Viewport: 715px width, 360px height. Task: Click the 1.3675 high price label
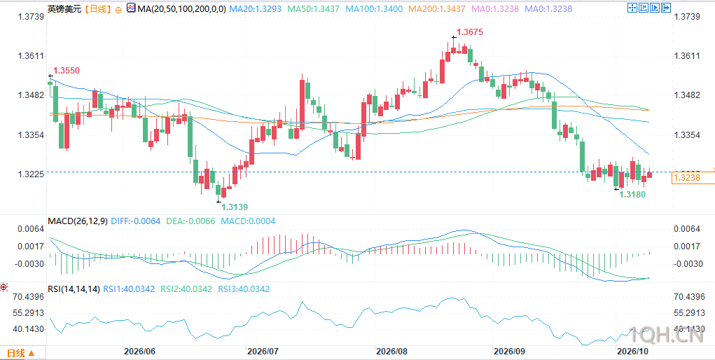point(469,32)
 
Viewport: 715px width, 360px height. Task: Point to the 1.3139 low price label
point(235,207)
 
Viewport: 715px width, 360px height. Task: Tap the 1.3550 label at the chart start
point(67,71)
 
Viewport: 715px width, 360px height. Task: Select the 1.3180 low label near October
point(632,195)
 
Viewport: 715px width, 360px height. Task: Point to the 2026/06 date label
point(139,352)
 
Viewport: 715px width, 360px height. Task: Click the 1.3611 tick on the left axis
point(31,56)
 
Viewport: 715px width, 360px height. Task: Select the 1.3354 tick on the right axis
point(687,135)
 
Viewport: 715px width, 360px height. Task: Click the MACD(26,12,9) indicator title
point(78,221)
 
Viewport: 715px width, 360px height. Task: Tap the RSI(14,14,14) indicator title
point(74,289)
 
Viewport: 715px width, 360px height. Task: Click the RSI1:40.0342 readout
point(129,289)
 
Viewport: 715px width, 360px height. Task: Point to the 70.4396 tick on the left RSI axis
point(28,297)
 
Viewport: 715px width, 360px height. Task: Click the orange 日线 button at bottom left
point(21,353)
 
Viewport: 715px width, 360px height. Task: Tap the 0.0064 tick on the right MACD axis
point(687,228)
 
